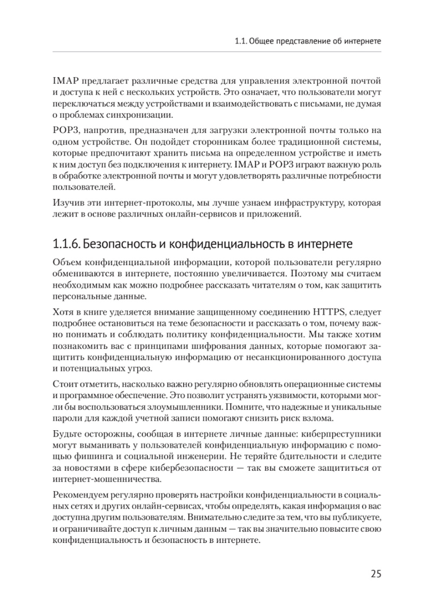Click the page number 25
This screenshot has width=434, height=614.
point(376,574)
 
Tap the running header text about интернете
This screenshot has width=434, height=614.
point(307,42)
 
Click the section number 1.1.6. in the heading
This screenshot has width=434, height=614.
point(66,244)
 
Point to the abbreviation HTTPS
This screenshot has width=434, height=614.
point(328,312)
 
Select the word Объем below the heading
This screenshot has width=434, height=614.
point(67,263)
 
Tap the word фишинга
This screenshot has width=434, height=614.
point(95,456)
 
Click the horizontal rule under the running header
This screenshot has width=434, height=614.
point(217,52)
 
